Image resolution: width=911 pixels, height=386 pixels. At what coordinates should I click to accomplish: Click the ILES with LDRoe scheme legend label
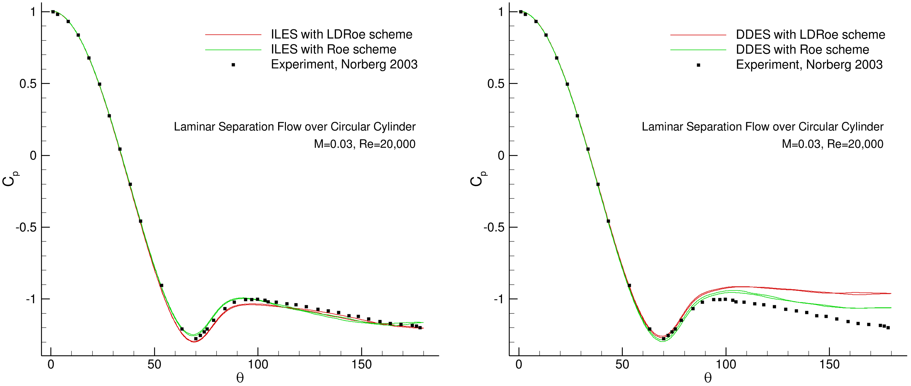341,34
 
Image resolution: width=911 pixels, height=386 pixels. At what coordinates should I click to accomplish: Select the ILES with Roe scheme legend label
333,49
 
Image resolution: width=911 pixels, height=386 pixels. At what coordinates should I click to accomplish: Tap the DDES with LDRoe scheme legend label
810,35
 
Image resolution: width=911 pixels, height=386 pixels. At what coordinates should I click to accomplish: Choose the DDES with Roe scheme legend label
802,50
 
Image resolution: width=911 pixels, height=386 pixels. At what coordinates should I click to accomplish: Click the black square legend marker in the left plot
233,65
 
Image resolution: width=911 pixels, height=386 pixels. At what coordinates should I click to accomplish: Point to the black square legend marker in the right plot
698,65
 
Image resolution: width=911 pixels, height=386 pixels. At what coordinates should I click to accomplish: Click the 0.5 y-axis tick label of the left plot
27,84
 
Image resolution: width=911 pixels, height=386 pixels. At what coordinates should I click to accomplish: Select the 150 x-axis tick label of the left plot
361,365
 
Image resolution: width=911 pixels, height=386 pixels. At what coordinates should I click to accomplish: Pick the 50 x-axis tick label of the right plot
622,365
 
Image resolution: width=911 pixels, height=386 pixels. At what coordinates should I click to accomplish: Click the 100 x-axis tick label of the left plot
258,365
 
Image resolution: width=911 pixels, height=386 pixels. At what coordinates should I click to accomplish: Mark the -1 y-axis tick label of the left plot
31,299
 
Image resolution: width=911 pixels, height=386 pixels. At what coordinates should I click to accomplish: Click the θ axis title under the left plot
240,378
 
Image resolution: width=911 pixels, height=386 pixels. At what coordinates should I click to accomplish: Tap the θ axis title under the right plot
708,378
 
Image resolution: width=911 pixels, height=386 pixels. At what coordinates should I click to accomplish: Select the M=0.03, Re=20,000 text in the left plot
364,144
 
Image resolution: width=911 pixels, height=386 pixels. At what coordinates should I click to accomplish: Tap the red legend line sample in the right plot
698,35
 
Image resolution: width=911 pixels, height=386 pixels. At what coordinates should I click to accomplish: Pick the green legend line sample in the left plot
233,50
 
